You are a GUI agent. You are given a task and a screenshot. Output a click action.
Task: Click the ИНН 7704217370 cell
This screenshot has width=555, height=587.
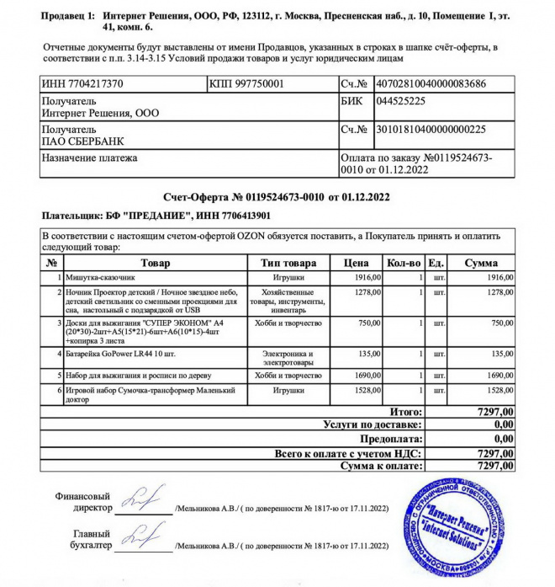pos(82,84)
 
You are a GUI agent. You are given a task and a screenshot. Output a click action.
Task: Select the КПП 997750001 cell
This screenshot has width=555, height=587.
pos(247,84)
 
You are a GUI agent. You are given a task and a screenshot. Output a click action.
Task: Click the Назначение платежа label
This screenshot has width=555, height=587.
pos(90,157)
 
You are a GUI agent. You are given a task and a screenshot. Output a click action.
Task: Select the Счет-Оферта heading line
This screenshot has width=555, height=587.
pos(277,198)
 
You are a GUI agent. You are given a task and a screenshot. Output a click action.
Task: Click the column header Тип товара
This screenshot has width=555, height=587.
pos(288,264)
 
